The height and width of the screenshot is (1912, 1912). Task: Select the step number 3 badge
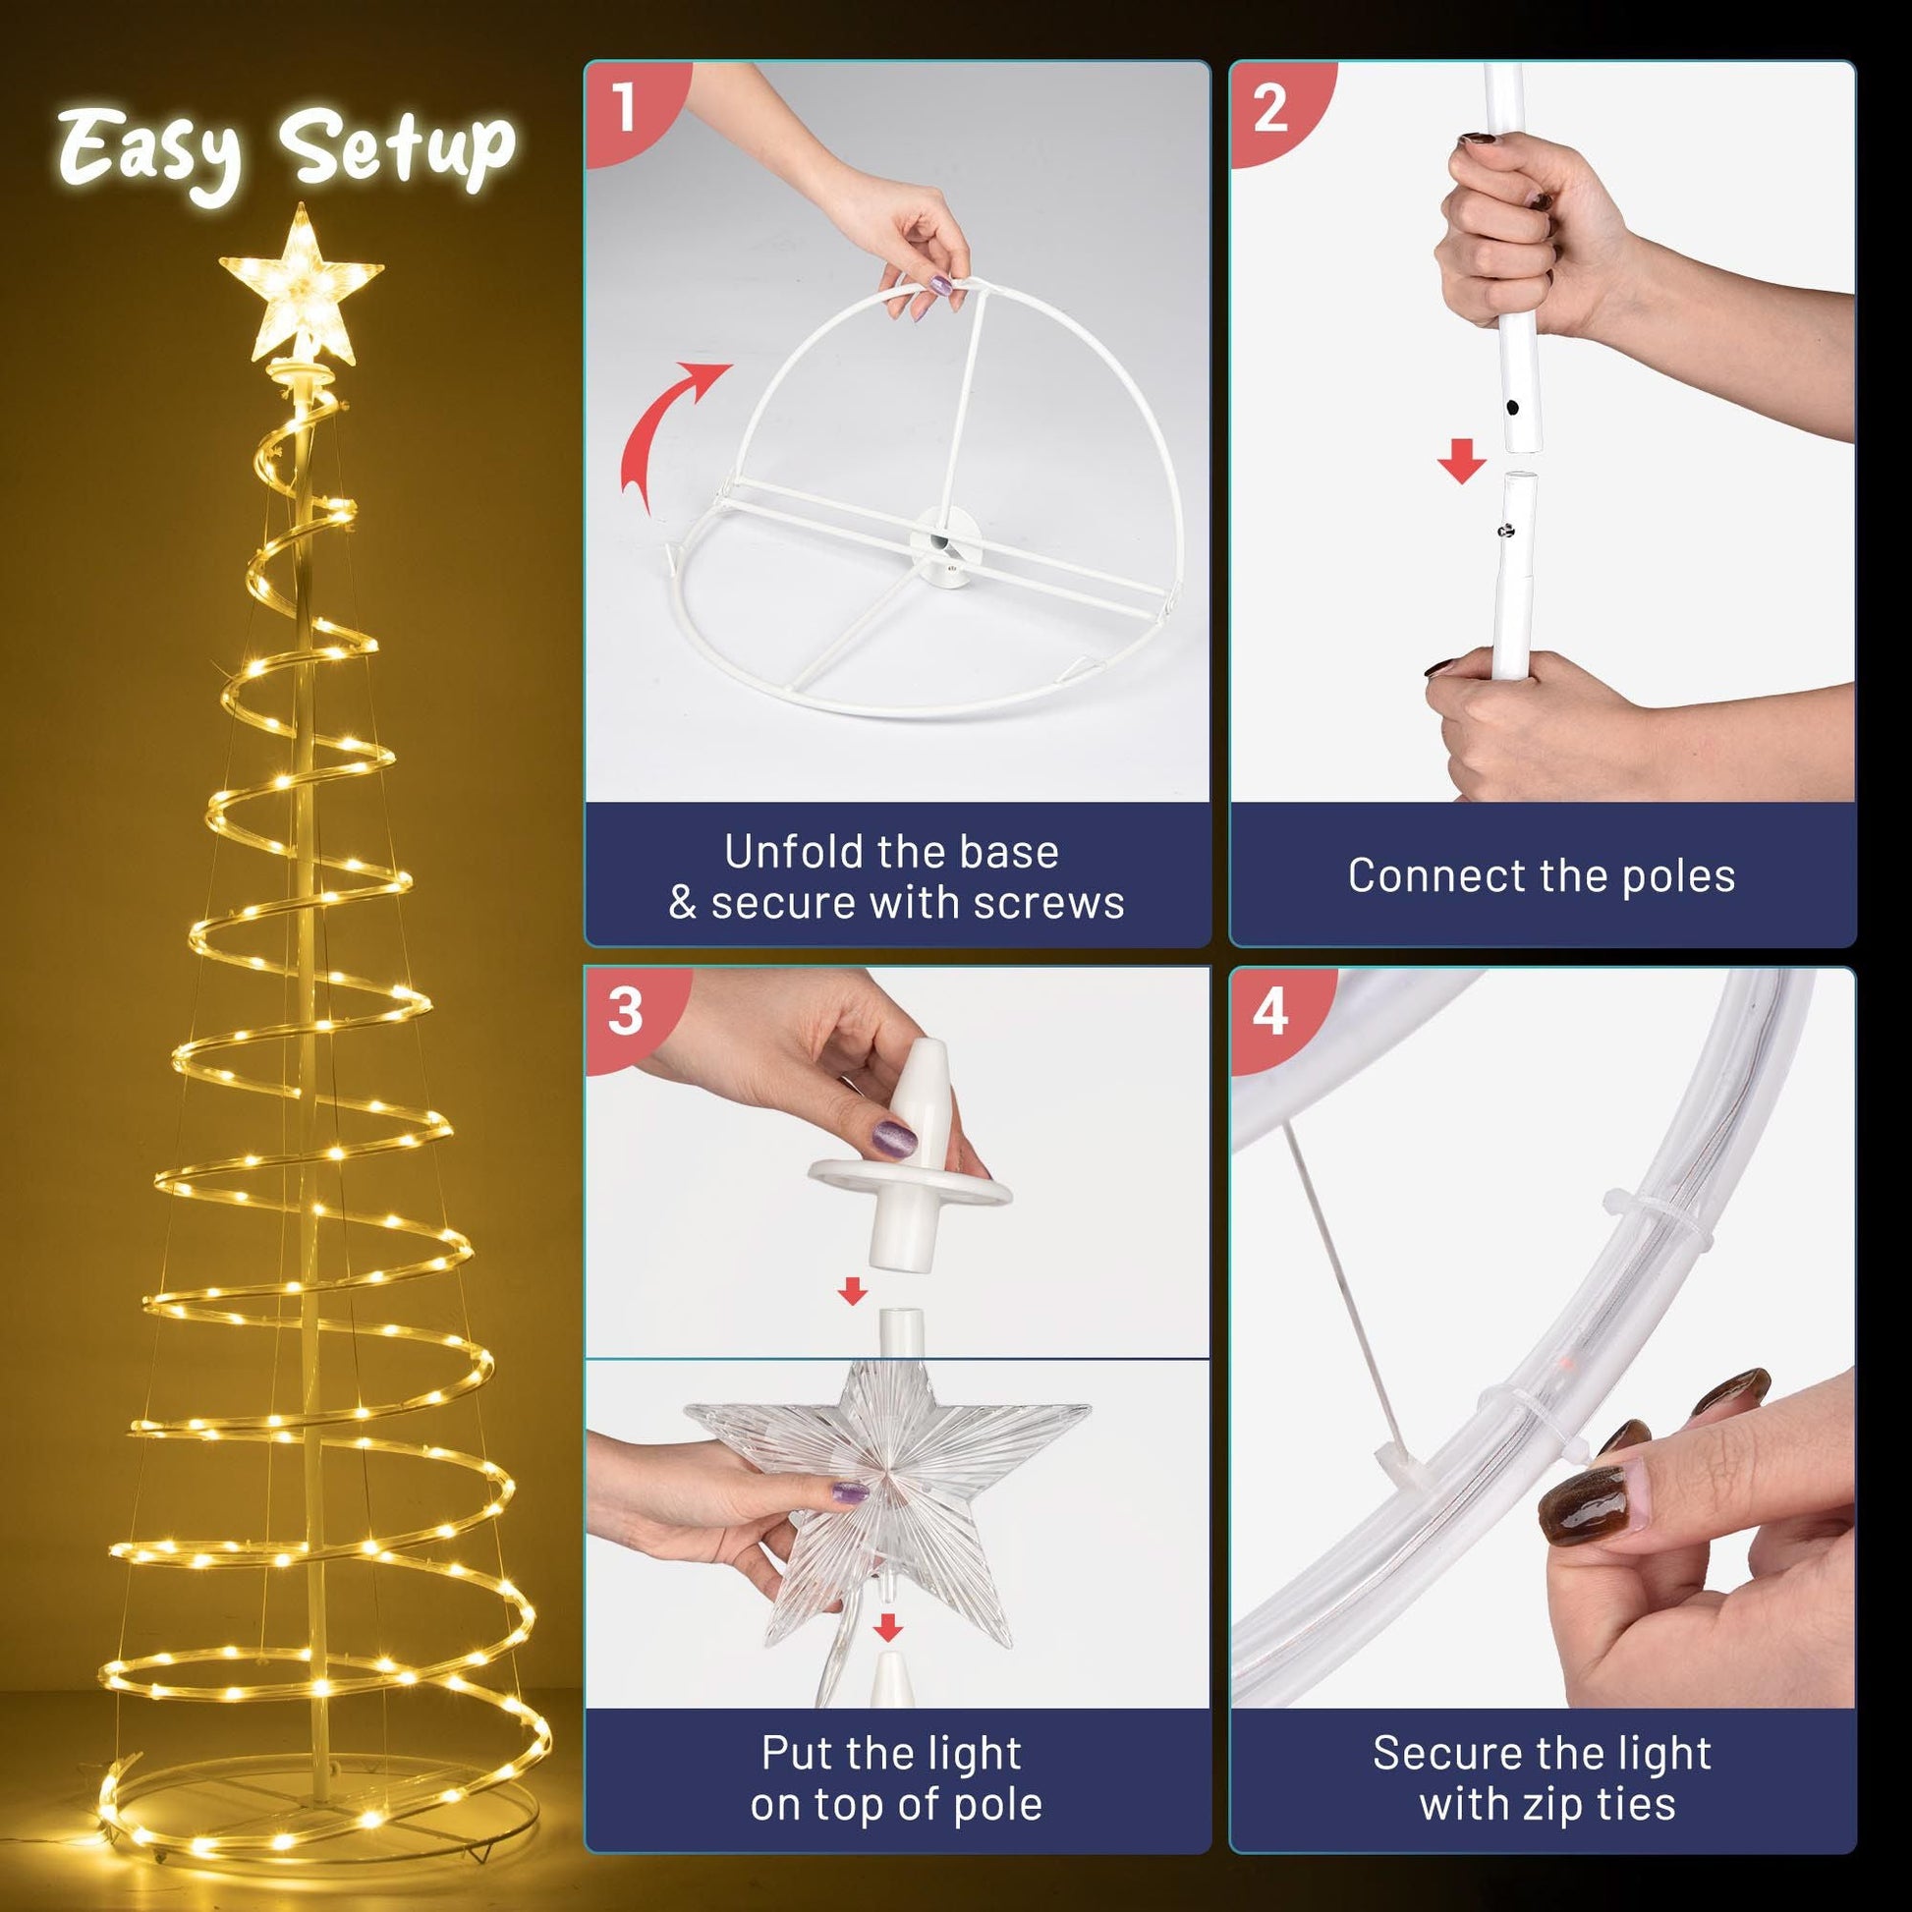[x=625, y=1012]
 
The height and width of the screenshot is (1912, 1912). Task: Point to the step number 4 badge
[x=1269, y=1012]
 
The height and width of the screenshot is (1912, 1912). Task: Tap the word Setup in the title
[x=397, y=148]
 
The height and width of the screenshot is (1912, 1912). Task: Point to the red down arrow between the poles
[x=1462, y=462]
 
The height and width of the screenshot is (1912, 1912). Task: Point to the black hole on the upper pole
[x=1513, y=407]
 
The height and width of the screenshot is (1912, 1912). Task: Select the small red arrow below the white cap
[x=852, y=1290]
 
